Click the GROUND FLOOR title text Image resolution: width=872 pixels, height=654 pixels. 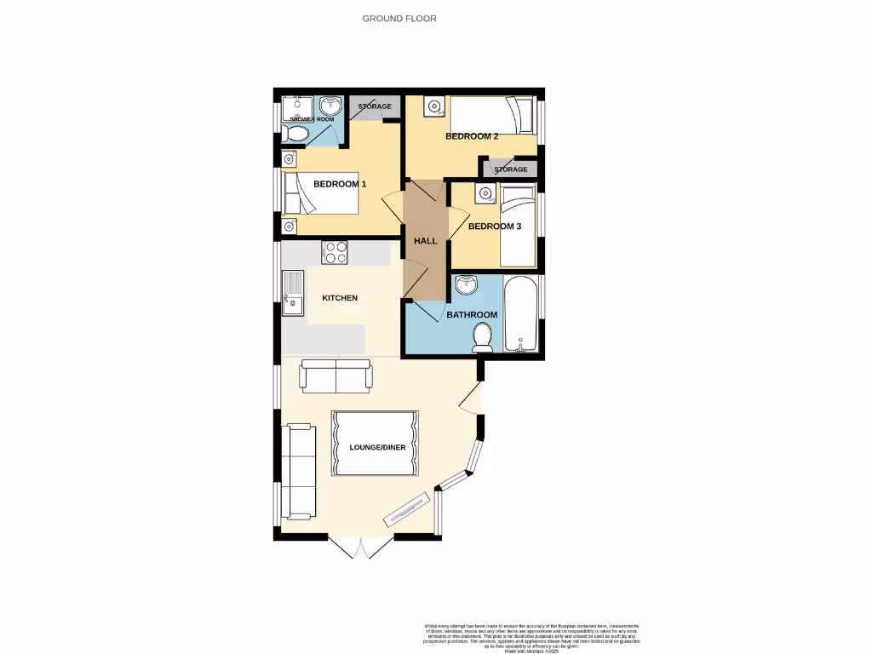pyautogui.click(x=399, y=18)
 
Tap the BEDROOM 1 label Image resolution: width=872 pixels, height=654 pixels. pyautogui.click(x=340, y=184)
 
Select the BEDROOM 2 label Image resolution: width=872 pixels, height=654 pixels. pyautogui.click(x=472, y=136)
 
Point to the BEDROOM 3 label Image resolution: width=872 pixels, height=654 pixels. pyautogui.click(x=495, y=227)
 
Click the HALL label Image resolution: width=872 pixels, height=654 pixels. pyautogui.click(x=425, y=241)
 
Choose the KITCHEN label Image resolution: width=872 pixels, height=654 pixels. pyautogui.click(x=340, y=298)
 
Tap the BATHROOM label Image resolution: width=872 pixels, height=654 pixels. pyautogui.click(x=472, y=315)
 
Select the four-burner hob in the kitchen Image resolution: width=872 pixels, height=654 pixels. pyautogui.click(x=334, y=253)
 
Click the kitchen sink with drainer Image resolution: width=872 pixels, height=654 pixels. pyautogui.click(x=292, y=293)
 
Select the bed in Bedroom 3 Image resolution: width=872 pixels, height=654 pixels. pyautogui.click(x=517, y=227)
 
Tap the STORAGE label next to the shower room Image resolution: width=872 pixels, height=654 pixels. pyautogui.click(x=375, y=106)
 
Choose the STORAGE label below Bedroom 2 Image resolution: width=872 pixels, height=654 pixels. pyautogui.click(x=511, y=169)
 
